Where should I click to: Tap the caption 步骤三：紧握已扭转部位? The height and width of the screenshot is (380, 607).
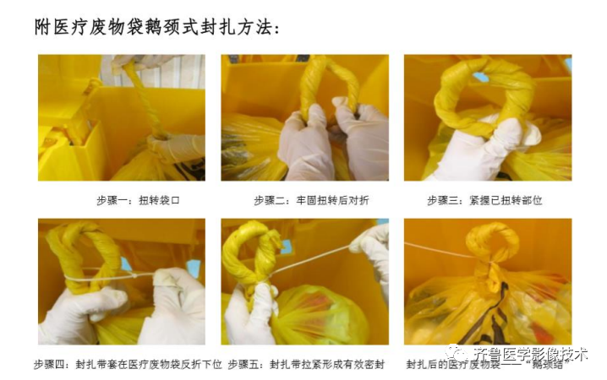tap(484, 200)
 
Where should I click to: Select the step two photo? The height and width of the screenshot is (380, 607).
tap(304, 117)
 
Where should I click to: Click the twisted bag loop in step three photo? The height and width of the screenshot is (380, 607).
tap(482, 93)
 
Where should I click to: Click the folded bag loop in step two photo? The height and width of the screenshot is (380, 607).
tap(330, 84)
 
